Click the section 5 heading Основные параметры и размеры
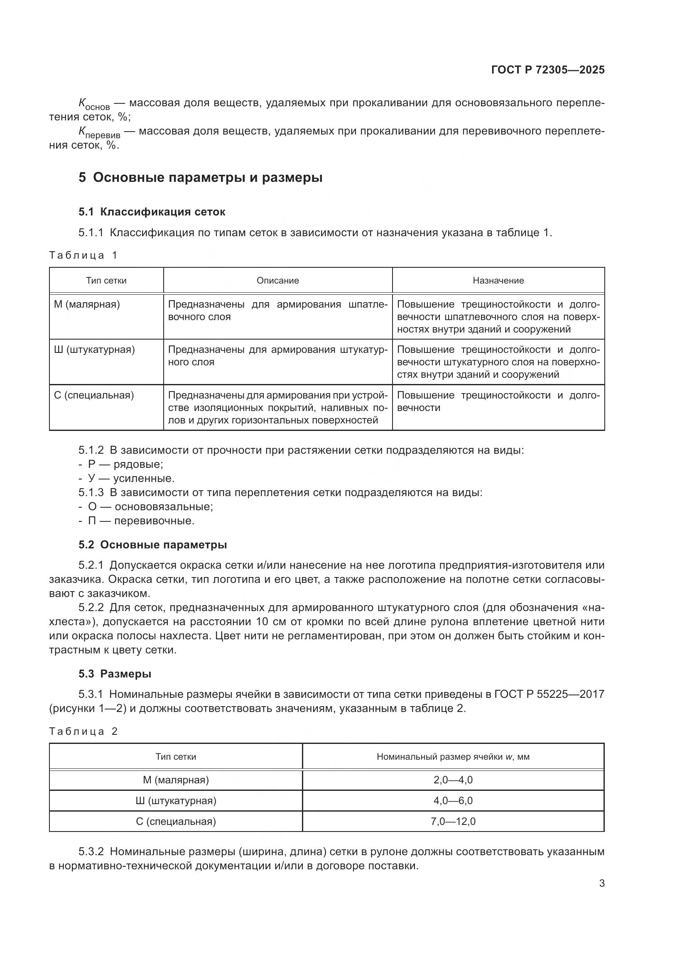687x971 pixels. [x=200, y=177]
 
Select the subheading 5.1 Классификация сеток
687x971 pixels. [x=152, y=212]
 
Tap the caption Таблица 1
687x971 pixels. [x=83, y=255]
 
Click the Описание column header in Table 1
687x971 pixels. [x=277, y=280]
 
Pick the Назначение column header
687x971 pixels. [x=498, y=280]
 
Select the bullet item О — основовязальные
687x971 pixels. [x=150, y=506]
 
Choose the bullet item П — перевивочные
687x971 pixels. [x=141, y=521]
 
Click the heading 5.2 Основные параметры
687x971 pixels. [x=152, y=545]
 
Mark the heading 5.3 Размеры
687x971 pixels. [x=115, y=674]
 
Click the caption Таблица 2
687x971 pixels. [x=83, y=731]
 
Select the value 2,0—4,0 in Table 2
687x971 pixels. [x=453, y=780]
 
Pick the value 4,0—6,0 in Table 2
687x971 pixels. [x=453, y=800]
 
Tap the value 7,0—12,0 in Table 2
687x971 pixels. [x=453, y=821]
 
